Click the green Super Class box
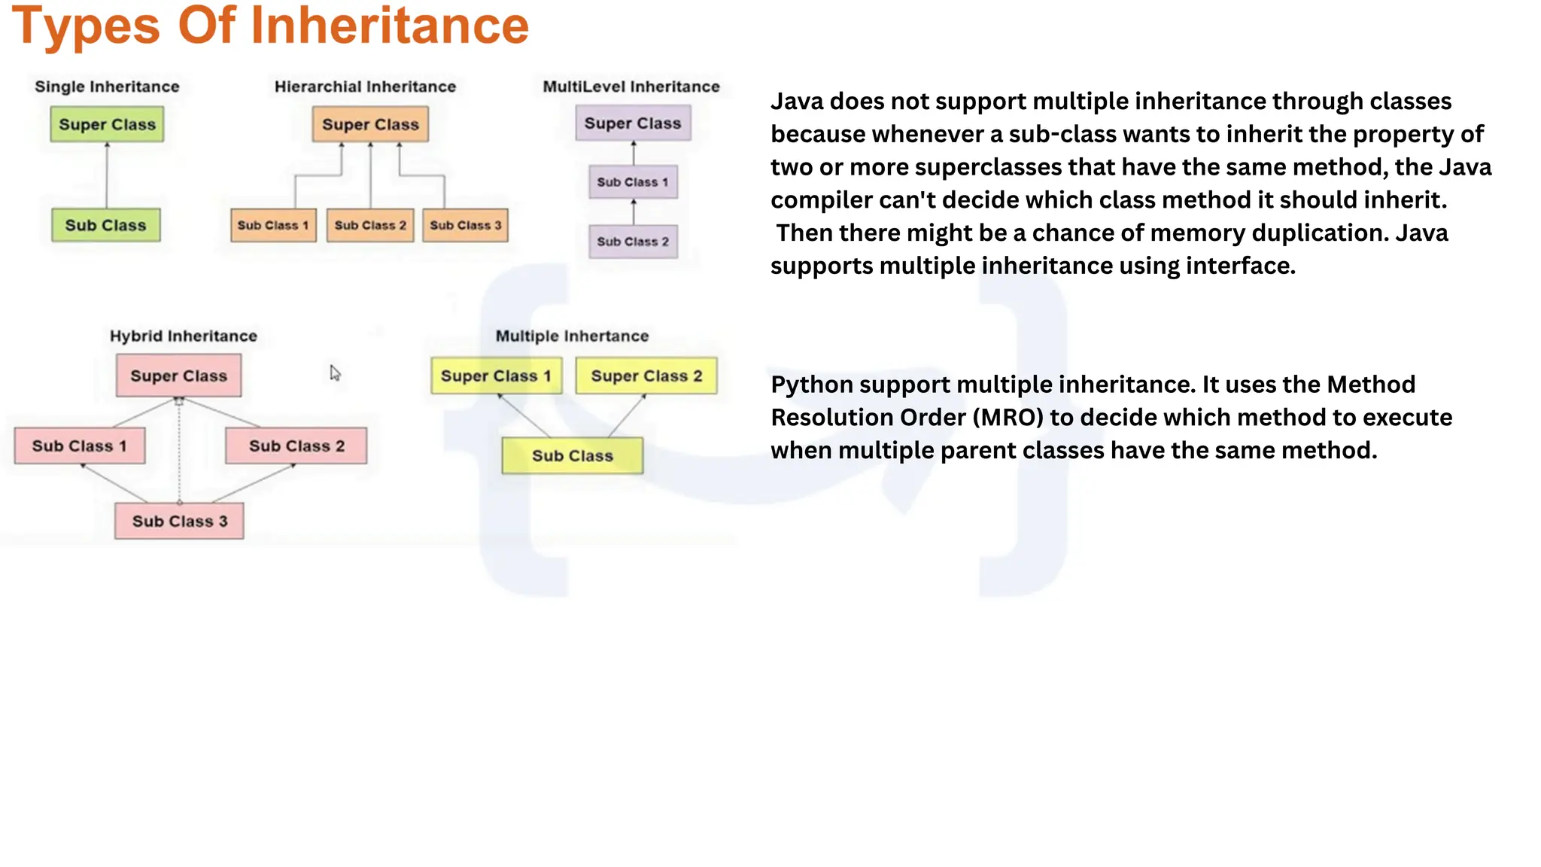pyautogui.click(x=107, y=125)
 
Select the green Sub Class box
pyautogui.click(x=106, y=225)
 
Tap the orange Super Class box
pyautogui.click(x=370, y=125)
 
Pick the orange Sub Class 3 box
pyautogui.click(x=465, y=225)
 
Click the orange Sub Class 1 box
pyautogui.click(x=273, y=225)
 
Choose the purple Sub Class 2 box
pyautogui.click(x=633, y=242)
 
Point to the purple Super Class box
pyautogui.click(x=633, y=123)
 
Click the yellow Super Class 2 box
pyautogui.click(x=646, y=376)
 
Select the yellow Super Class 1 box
pyautogui.click(x=496, y=376)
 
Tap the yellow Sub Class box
pyautogui.click(x=573, y=456)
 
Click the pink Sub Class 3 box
pyautogui.click(x=179, y=522)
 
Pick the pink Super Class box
pyautogui.click(x=178, y=376)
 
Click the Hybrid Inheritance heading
pyautogui.click(x=184, y=336)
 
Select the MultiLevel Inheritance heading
pyautogui.click(x=631, y=87)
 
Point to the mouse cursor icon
pyautogui.click(x=335, y=373)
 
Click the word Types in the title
pyautogui.click(x=86, y=26)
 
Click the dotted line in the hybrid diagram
pyautogui.click(x=179, y=452)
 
